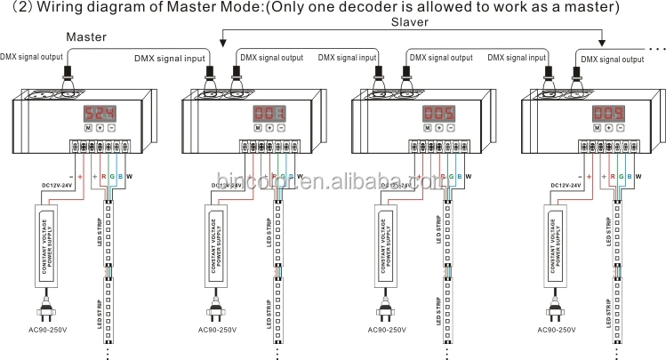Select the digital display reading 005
438,114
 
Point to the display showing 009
610,114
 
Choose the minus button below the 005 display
451,129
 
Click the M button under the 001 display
256,129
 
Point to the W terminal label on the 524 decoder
130,176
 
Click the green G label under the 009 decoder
620,176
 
